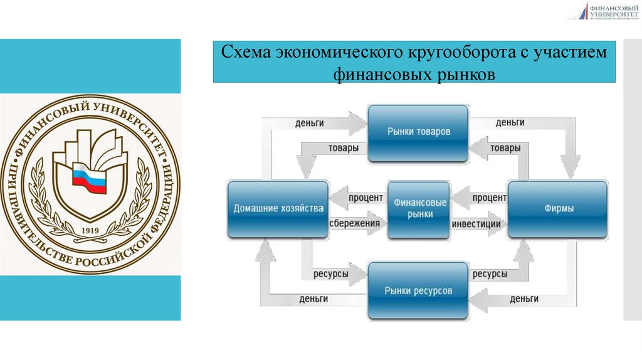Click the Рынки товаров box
click(x=418, y=132)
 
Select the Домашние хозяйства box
click(x=278, y=209)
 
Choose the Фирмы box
click(x=557, y=209)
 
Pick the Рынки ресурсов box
click(x=418, y=291)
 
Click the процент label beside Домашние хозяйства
click(x=366, y=198)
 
